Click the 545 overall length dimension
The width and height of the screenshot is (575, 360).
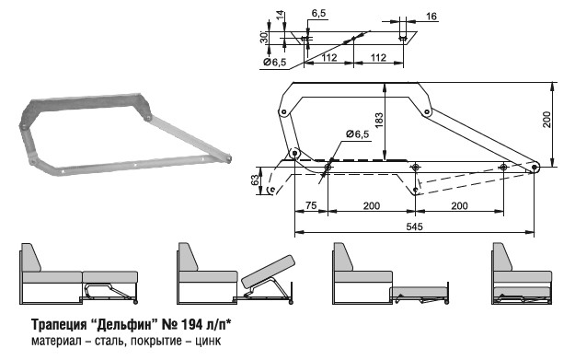[x=414, y=226]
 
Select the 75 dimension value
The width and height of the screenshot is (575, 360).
[x=311, y=205]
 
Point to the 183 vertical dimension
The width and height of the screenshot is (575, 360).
[x=379, y=120]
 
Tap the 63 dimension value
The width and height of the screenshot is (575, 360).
[x=256, y=180]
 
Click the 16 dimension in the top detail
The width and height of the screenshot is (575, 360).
[x=431, y=17]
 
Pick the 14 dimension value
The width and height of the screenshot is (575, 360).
[x=280, y=16]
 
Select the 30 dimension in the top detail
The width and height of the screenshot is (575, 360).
[x=264, y=38]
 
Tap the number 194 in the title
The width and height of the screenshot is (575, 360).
[x=190, y=324]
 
